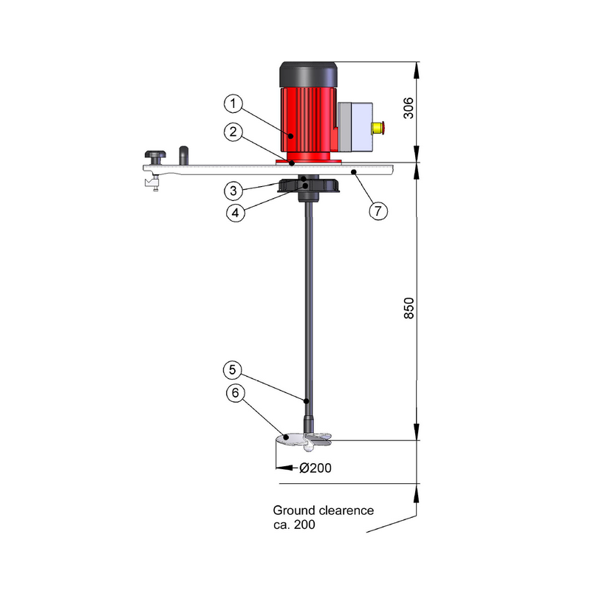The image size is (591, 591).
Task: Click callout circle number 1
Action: coord(233,103)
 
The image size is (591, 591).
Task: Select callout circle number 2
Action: coord(233,132)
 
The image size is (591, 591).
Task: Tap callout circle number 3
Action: coord(233,191)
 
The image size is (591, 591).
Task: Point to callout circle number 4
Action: coord(236,213)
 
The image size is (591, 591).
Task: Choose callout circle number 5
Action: coord(233,370)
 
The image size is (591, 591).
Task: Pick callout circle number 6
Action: coord(236,393)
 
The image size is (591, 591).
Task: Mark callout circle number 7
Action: coord(378,211)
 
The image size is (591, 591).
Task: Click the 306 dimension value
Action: coord(409,108)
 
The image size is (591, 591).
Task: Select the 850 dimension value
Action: coord(409,308)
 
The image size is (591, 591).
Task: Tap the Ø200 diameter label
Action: coord(315,468)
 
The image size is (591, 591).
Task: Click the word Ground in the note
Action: coord(294,510)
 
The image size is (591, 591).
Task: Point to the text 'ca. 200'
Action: coord(294,525)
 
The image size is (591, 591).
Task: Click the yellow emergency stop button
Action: coord(378,128)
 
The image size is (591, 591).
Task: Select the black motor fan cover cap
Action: coord(308,75)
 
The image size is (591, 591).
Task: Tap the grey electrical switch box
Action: coord(355,127)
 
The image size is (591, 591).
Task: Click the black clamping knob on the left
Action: coord(155,157)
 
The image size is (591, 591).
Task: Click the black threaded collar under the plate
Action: coord(308,186)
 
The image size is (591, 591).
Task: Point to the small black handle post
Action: coord(183,155)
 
